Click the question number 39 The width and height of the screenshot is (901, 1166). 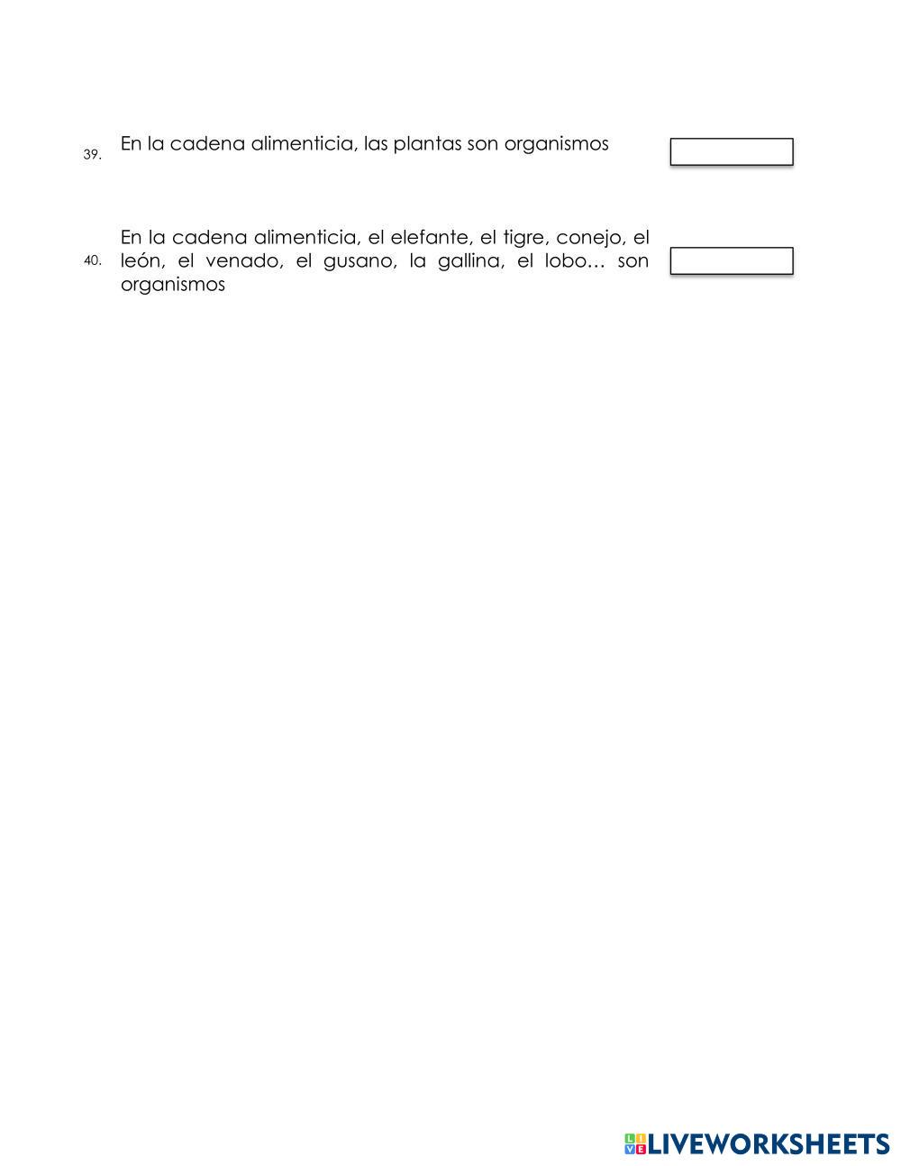92,155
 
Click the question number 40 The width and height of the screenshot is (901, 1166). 92,261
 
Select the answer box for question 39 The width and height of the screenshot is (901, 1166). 731,152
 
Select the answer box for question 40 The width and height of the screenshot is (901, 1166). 731,261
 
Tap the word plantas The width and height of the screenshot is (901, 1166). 427,144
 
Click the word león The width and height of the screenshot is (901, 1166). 141,261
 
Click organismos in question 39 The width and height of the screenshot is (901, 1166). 556,144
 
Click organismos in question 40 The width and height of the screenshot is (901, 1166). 172,286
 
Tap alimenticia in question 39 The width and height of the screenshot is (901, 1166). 303,144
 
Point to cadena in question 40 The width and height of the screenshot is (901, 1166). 207,238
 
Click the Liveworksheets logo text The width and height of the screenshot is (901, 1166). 769,1144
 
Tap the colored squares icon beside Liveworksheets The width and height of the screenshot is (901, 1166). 635,1144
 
